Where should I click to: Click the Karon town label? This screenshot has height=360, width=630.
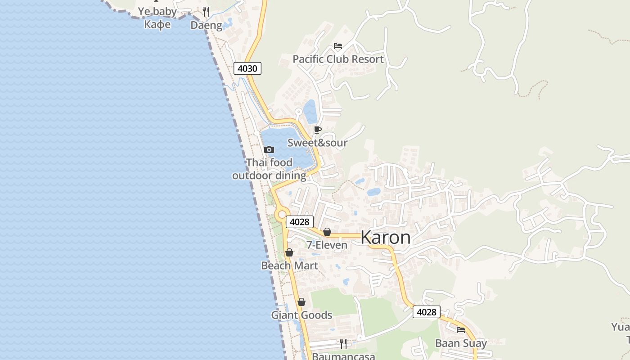(386, 238)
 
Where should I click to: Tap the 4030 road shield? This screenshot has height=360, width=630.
(247, 68)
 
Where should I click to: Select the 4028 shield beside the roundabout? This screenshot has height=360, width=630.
(300, 221)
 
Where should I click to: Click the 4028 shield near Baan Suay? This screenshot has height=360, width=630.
(426, 312)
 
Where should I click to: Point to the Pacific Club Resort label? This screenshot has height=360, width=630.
(338, 59)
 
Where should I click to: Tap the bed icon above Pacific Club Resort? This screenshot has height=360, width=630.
(338, 46)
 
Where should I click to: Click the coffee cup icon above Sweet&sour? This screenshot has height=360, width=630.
(318, 130)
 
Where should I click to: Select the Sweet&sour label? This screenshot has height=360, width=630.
(317, 143)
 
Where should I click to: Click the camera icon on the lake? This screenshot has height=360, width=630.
(269, 149)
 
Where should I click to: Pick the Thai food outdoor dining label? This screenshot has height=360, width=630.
(269, 169)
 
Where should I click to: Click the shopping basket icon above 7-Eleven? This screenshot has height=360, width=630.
(327, 232)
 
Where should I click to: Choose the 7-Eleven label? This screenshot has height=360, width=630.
(327, 245)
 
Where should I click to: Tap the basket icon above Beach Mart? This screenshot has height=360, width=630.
(289, 252)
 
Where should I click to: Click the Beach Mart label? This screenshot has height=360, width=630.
(289, 265)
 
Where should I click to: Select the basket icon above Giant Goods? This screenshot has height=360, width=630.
(301, 302)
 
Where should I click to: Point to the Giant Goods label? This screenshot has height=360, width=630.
(301, 315)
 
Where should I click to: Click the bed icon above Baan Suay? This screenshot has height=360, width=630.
(461, 330)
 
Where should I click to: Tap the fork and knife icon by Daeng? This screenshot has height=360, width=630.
(206, 11)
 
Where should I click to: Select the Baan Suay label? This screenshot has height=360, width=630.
(461, 343)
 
